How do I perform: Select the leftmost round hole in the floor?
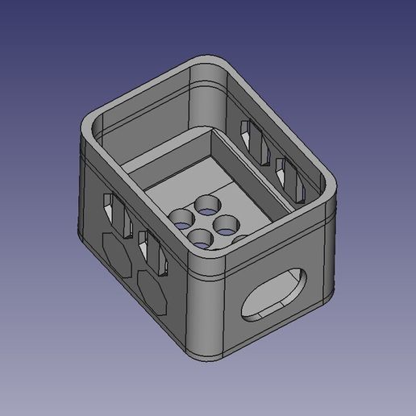181,217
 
